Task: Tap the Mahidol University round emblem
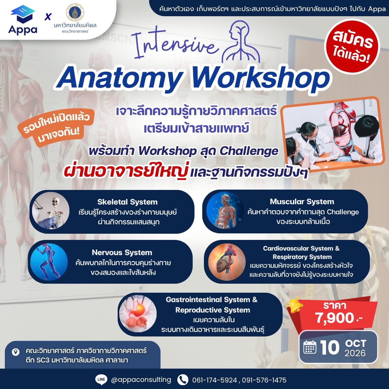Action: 75,13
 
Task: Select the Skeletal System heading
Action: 127,202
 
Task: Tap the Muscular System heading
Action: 302,201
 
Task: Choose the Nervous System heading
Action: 122,252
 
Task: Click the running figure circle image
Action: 49,262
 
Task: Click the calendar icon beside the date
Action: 310,347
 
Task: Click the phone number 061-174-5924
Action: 215,380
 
